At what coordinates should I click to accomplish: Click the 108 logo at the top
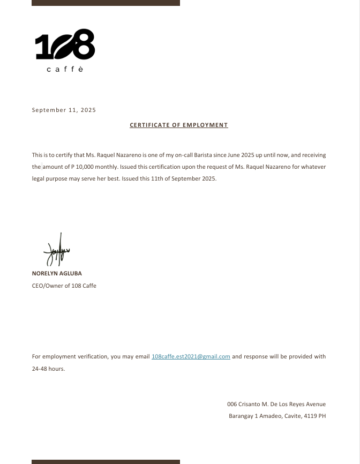[x=65, y=44]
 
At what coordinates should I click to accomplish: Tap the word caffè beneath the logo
[x=65, y=70]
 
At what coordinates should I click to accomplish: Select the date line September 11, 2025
[x=64, y=110]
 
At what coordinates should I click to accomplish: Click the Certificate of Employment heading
[x=179, y=125]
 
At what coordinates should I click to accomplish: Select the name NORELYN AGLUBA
[x=57, y=273]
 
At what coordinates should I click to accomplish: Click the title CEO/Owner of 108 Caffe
[x=64, y=286]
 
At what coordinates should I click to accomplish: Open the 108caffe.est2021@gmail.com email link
[x=191, y=356]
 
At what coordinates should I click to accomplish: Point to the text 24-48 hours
[x=48, y=369]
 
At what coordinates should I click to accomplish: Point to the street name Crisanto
[x=250, y=404]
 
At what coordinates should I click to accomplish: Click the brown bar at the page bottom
[x=106, y=461]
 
